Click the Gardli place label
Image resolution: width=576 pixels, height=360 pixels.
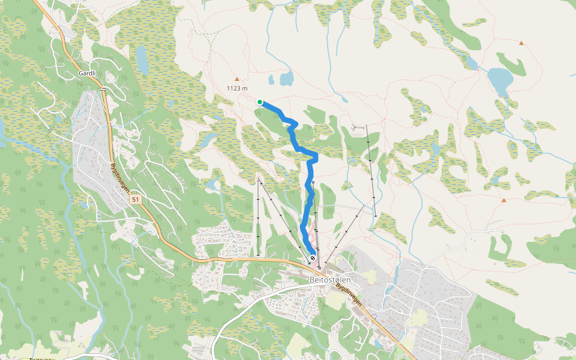pos(88,73)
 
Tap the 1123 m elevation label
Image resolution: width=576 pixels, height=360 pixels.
pos(237,88)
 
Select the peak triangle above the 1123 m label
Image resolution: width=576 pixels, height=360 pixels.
pos(236,79)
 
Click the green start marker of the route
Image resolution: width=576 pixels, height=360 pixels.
pos(260,102)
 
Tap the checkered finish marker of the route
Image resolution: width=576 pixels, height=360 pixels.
pos(313,258)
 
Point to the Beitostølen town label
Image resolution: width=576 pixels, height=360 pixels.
pos(329,280)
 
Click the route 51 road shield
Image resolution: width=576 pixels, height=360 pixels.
pos(136,199)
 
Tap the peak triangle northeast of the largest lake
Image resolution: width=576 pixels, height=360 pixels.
pos(521,43)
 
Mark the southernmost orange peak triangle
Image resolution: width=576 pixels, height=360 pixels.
pos(504,200)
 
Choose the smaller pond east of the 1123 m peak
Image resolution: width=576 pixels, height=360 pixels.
pos(272,80)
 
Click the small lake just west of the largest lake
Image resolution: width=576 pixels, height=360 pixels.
pos(472,63)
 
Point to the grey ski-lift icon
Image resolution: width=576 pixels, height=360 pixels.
pos(359,127)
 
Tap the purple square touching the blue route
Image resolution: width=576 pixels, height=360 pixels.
pos(313,182)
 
